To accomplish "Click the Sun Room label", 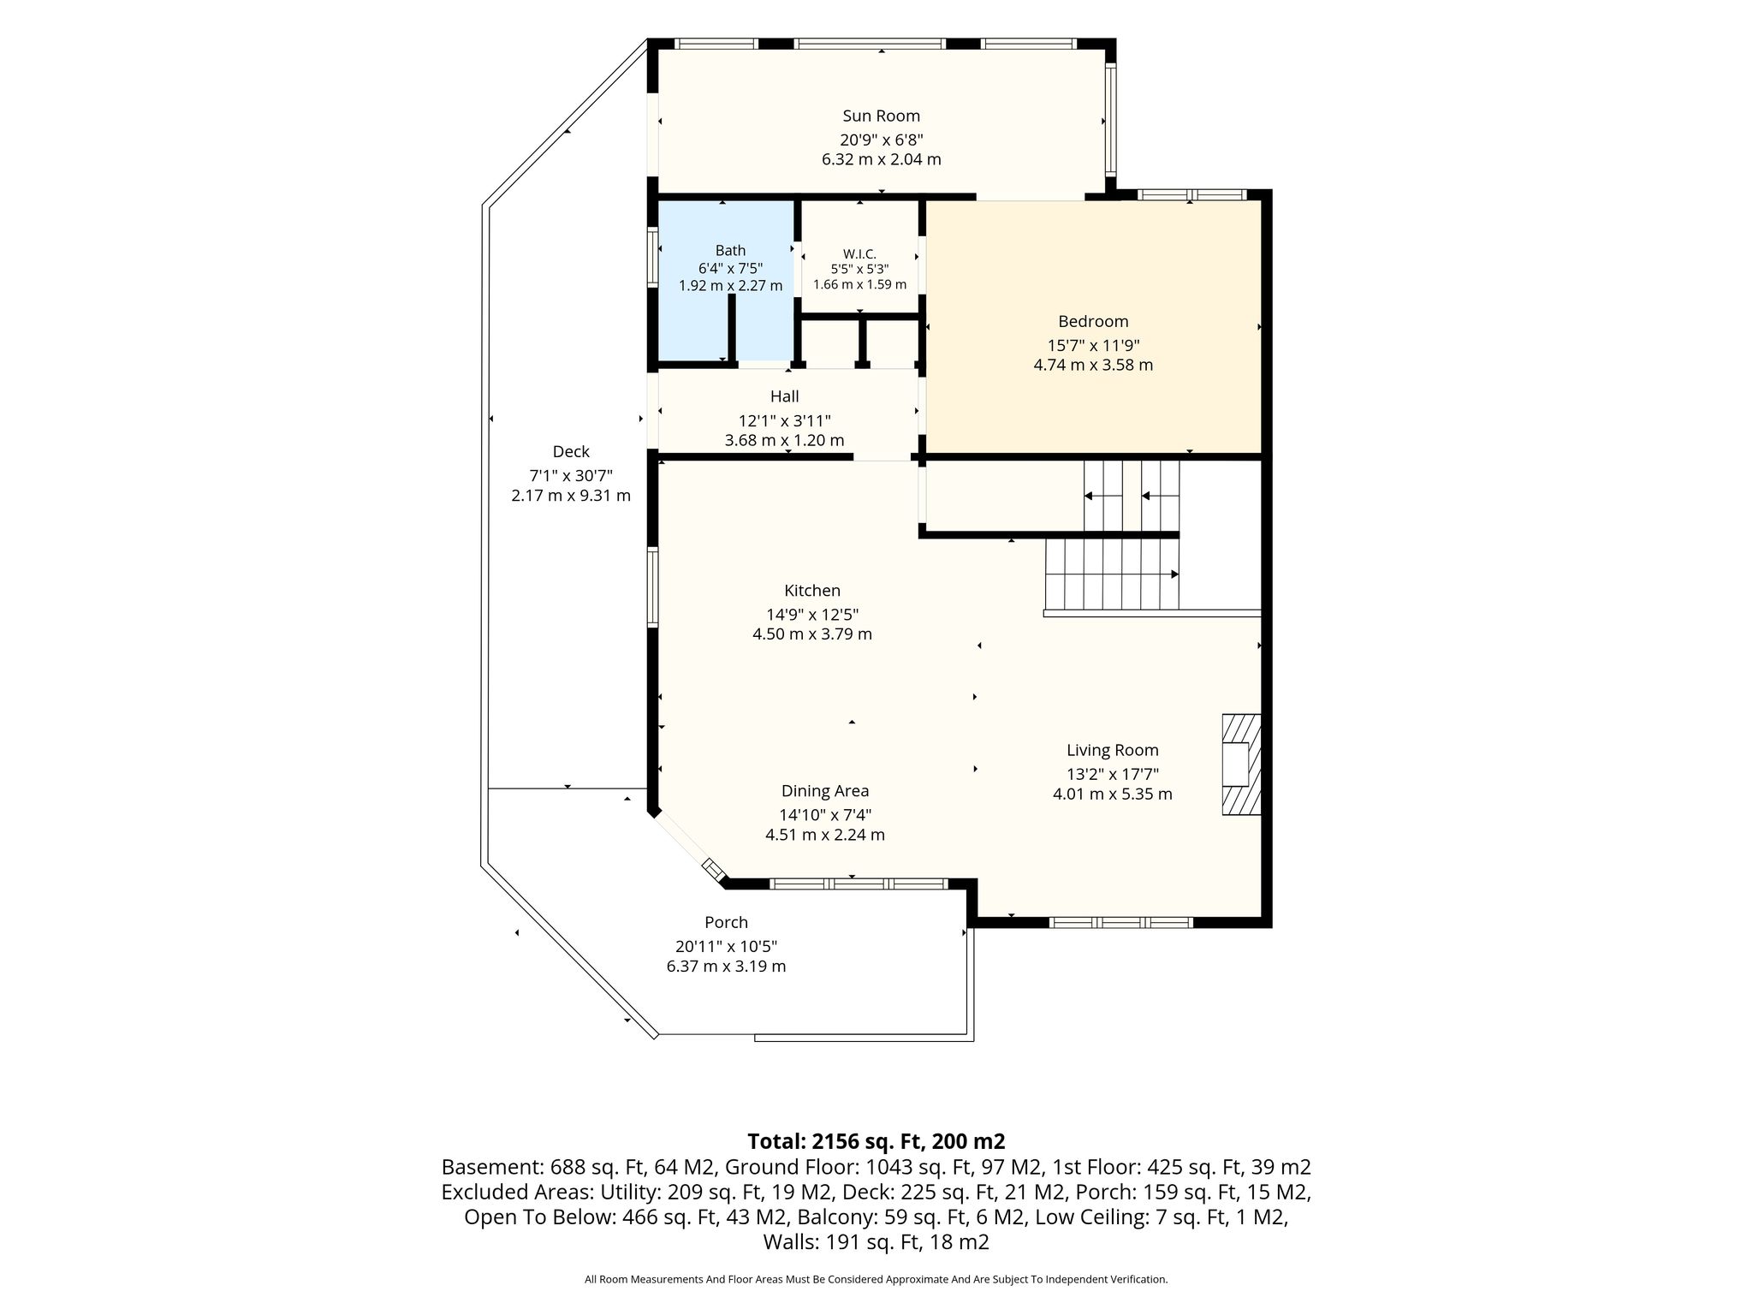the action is pyautogui.click(x=881, y=116).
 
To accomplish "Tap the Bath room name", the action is pyautogui.click(x=730, y=250).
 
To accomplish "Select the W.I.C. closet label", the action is pyautogui.click(x=859, y=253).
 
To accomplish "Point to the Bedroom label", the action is pyautogui.click(x=1093, y=321).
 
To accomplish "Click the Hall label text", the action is pyautogui.click(x=784, y=396).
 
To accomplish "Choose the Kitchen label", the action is pyautogui.click(x=812, y=590).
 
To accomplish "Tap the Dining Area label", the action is pyautogui.click(x=825, y=791).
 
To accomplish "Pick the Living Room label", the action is pyautogui.click(x=1112, y=750).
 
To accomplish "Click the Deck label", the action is pyautogui.click(x=571, y=451).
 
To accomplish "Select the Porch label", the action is pyautogui.click(x=726, y=922).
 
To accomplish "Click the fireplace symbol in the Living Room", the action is pyautogui.click(x=1241, y=765).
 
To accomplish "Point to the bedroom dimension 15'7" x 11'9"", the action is pyautogui.click(x=1093, y=345).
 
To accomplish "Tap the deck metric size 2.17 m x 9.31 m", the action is pyautogui.click(x=571, y=496).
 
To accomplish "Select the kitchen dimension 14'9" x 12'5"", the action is pyautogui.click(x=812, y=614).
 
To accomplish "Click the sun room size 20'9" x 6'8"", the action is pyautogui.click(x=881, y=140).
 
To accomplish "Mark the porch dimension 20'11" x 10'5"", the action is pyautogui.click(x=726, y=946).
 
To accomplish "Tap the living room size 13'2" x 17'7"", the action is pyautogui.click(x=1112, y=774).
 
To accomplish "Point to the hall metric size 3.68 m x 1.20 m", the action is pyautogui.click(x=784, y=440).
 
